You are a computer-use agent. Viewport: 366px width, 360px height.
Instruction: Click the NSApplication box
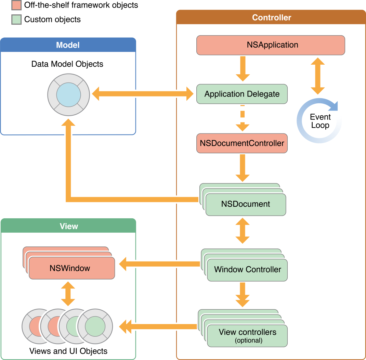tap(271, 45)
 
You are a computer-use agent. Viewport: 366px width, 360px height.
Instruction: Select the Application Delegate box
tap(242, 94)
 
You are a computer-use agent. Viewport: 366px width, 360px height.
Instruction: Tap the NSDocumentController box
tap(242, 143)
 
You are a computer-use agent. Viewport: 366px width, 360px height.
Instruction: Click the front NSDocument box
tap(246, 204)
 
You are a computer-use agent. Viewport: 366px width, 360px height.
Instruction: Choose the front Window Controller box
tap(247, 270)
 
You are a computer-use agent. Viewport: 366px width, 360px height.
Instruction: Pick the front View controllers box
tap(247, 336)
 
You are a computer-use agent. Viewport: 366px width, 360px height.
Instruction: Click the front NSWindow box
tap(71, 268)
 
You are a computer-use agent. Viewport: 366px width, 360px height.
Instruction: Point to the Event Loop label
tap(320, 121)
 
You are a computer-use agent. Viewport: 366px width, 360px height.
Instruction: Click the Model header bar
tap(68, 45)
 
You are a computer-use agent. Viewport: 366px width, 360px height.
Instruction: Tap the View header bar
tap(68, 226)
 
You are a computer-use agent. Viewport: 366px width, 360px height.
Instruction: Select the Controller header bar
tap(271, 17)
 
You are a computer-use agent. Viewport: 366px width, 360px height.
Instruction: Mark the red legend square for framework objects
tap(16, 5)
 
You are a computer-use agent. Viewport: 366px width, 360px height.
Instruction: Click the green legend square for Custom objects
tap(16, 19)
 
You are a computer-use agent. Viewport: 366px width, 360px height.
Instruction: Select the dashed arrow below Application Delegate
tap(243, 118)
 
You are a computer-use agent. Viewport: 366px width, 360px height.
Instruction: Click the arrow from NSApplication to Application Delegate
tap(243, 68)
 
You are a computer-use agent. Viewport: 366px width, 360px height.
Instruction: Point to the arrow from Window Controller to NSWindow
tap(159, 264)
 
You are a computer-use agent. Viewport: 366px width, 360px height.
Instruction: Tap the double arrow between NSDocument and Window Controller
tap(243, 231)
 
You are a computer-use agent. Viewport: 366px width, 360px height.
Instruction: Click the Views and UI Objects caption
tap(68, 351)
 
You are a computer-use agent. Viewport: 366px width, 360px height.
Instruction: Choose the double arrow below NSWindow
tap(68, 293)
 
